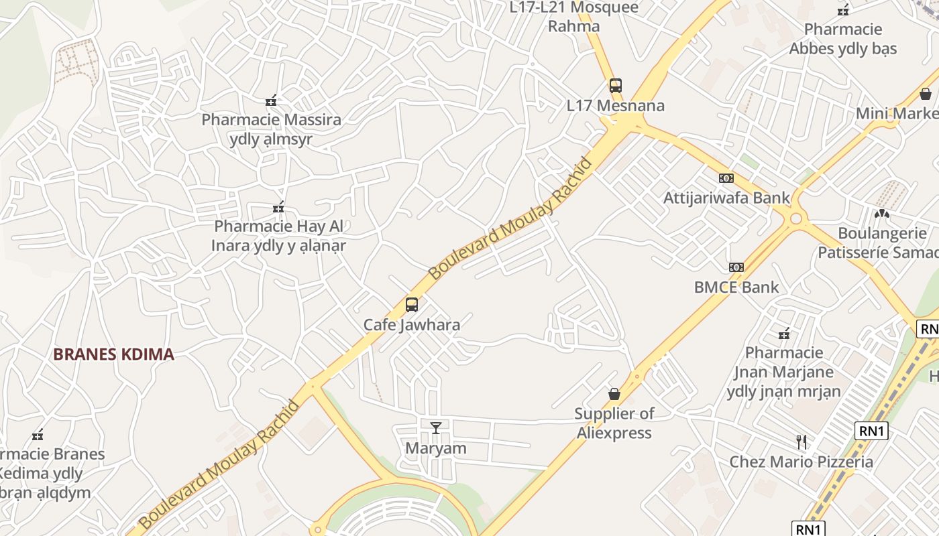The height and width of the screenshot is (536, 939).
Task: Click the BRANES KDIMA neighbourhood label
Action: [113, 354]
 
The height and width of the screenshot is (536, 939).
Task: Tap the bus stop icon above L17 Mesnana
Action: [616, 86]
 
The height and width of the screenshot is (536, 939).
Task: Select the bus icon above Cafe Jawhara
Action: [412, 305]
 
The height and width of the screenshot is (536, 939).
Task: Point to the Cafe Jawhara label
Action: [412, 326]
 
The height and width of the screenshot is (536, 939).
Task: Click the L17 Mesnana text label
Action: [616, 106]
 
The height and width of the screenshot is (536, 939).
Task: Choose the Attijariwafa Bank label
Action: [727, 198]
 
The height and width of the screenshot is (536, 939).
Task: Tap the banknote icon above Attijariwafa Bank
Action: [726, 178]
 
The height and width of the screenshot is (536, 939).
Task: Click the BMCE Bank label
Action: [736, 287]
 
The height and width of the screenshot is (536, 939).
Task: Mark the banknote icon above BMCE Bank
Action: [736, 267]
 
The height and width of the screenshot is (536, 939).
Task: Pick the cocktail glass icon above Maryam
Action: [436, 427]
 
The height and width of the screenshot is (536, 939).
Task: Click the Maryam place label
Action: [436, 448]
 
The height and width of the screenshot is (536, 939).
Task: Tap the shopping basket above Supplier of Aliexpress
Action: [614, 394]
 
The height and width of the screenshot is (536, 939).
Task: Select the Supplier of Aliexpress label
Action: [614, 423]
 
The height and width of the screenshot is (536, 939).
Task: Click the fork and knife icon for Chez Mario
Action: [801, 442]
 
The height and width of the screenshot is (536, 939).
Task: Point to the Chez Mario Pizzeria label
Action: [801, 462]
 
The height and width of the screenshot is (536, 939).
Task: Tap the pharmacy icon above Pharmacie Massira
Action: [271, 100]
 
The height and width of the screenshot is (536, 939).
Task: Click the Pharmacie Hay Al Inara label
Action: [278, 236]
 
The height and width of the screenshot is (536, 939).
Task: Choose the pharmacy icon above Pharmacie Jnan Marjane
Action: [783, 333]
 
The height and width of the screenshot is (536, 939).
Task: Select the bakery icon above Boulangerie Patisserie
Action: [882, 214]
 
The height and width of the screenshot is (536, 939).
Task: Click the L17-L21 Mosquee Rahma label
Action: [574, 17]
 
